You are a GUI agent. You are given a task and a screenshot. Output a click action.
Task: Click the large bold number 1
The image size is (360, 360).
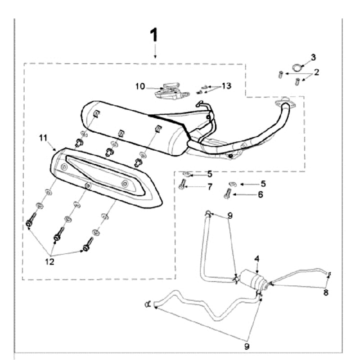(x=155, y=35)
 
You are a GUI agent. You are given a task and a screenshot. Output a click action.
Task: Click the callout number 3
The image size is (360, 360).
(x=313, y=57)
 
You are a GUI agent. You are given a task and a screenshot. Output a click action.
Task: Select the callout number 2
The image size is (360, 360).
(x=316, y=72)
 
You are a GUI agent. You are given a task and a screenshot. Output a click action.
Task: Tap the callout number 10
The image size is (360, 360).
(x=141, y=86)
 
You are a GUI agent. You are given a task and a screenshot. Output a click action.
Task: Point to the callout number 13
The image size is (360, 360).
(x=226, y=86)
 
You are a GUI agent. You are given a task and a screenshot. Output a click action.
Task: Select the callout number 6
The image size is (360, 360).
(x=260, y=195)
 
